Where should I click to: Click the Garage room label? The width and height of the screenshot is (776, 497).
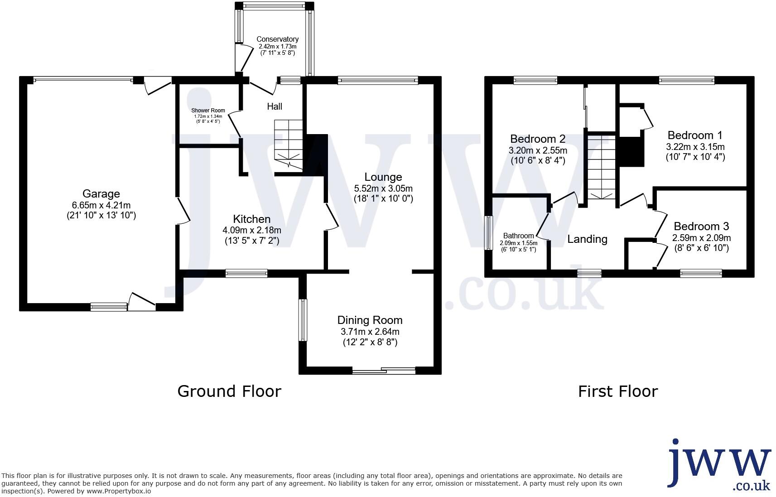(x=101, y=194)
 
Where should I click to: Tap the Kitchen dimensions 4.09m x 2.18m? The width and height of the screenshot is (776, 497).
(x=252, y=230)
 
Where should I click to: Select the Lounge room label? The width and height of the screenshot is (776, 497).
(x=383, y=177)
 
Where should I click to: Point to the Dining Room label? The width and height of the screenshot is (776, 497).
(x=370, y=320)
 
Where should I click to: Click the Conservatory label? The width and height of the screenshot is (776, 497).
(x=277, y=39)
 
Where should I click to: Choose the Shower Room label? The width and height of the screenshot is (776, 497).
(x=208, y=111)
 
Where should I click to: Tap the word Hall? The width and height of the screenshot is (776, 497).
(x=275, y=106)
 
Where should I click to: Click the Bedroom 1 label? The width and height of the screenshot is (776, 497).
(x=695, y=135)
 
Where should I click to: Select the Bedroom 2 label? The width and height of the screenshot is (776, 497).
(x=538, y=139)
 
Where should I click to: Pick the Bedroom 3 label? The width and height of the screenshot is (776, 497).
(x=701, y=227)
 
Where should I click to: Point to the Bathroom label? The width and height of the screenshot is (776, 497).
(x=518, y=236)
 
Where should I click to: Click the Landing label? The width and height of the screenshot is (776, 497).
(x=587, y=239)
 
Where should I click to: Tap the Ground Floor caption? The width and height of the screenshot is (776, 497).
(x=229, y=391)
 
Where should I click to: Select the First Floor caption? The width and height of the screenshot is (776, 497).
(x=617, y=391)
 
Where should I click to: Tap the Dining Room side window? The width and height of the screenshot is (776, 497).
(x=303, y=320)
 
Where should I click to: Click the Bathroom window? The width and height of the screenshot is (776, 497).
(x=489, y=233)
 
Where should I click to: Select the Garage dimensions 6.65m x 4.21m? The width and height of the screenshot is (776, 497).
(x=101, y=205)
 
